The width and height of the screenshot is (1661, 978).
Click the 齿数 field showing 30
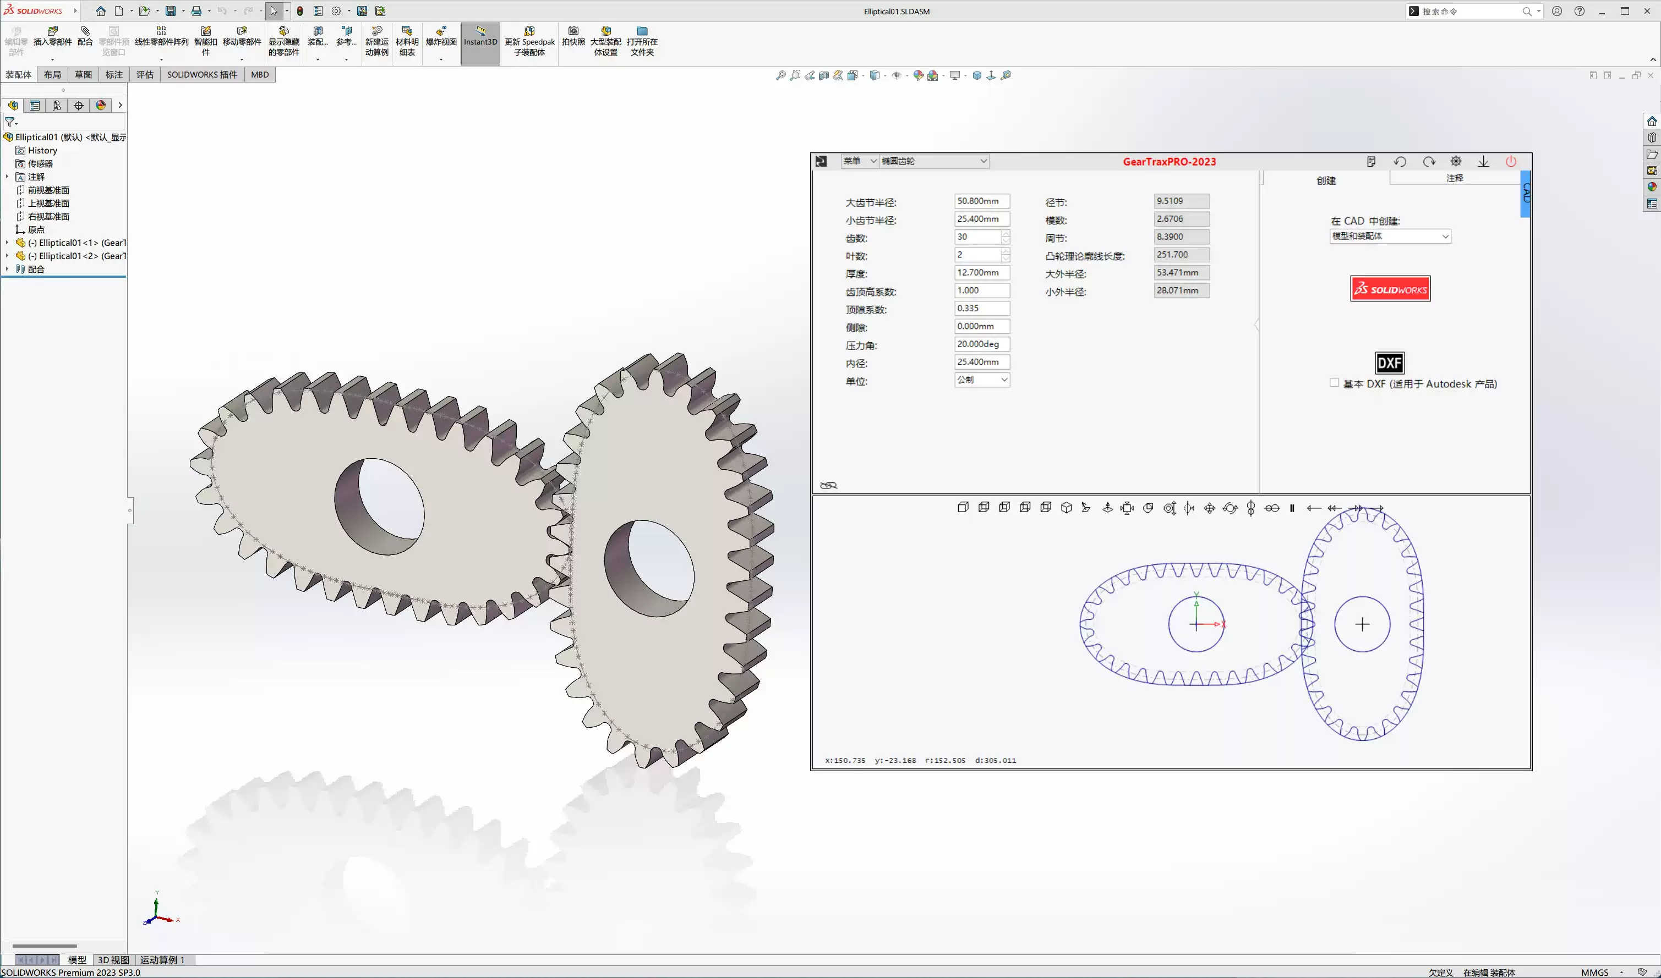[978, 237]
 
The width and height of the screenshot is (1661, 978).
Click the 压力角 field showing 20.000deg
[981, 344]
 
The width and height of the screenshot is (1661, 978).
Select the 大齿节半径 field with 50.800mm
[981, 201]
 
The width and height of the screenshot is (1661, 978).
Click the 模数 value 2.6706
[1181, 219]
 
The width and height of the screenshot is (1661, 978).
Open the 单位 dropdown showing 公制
[982, 380]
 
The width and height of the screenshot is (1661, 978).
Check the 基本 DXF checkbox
[1334, 383]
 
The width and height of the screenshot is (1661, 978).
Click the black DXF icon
[1389, 363]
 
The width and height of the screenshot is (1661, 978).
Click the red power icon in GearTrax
[1511, 162]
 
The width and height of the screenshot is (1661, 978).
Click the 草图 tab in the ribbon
[83, 74]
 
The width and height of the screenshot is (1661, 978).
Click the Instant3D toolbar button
[480, 41]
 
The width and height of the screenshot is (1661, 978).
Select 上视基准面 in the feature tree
[48, 203]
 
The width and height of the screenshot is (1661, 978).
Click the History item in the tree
[42, 150]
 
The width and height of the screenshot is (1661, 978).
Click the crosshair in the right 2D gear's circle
[1362, 624]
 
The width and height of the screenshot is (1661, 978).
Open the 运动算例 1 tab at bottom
[162, 959]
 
